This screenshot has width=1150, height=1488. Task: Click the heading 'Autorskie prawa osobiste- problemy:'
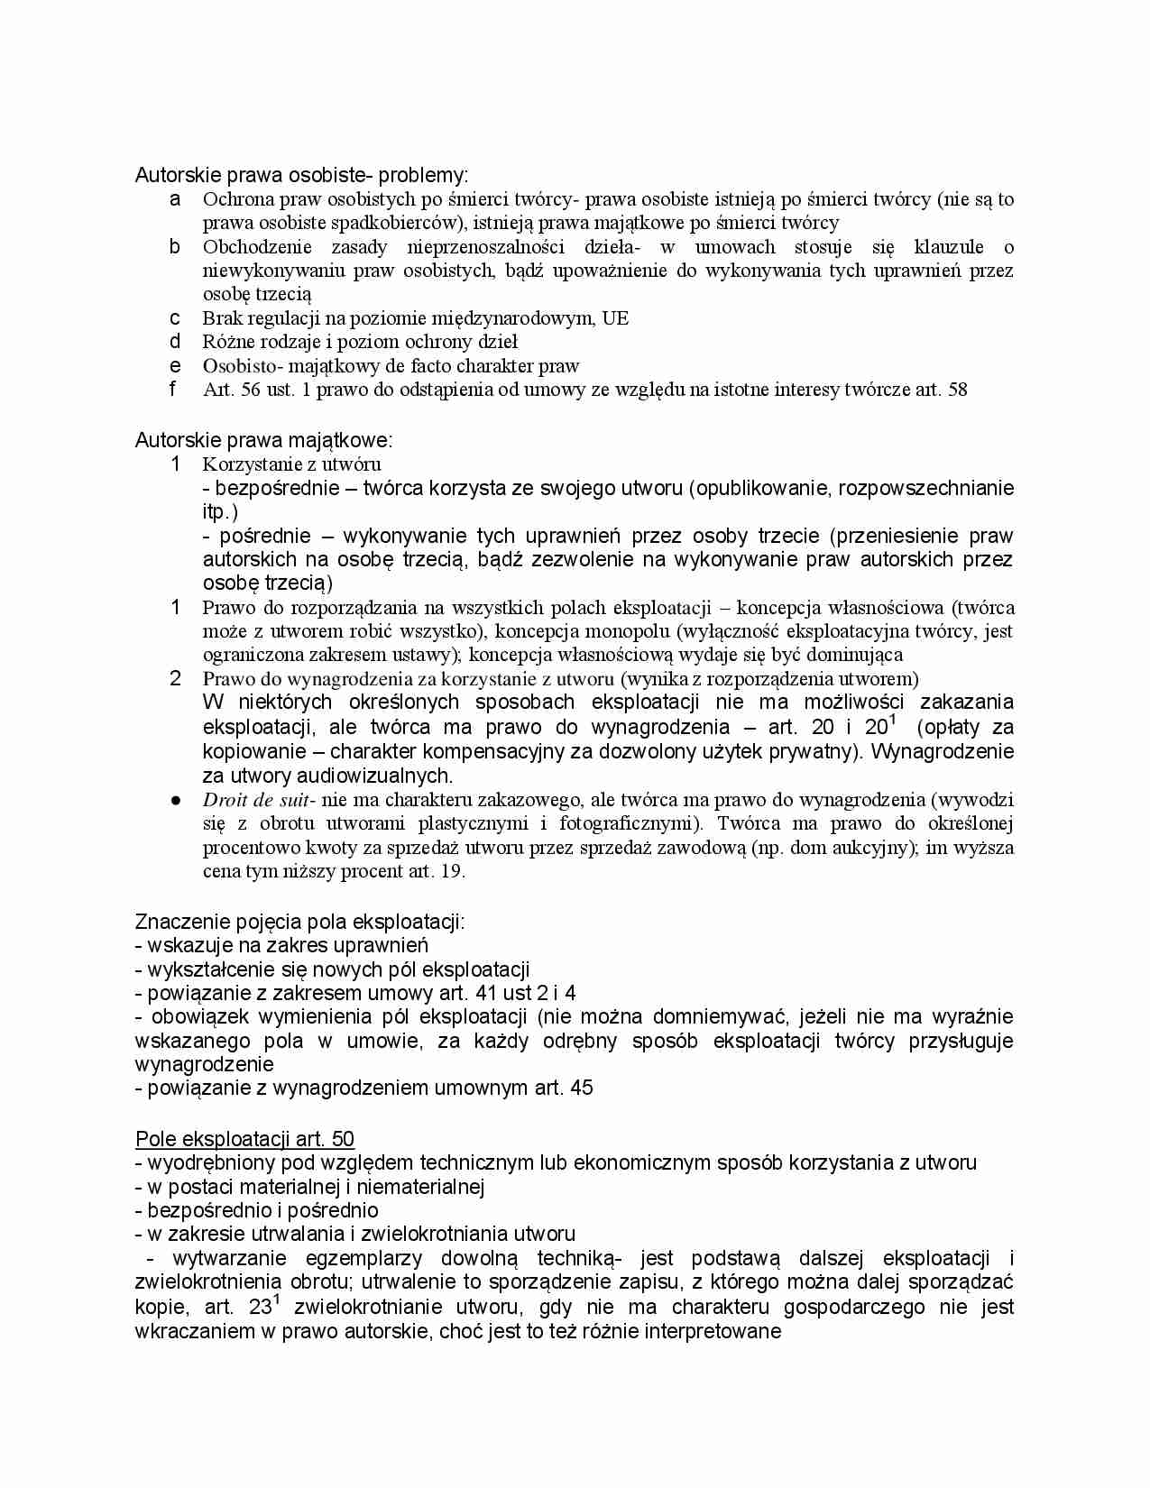[x=301, y=175]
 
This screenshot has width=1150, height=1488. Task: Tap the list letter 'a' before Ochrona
[x=176, y=199]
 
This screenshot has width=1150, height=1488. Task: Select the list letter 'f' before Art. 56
[x=174, y=390]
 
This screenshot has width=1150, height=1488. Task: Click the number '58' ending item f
[x=957, y=390]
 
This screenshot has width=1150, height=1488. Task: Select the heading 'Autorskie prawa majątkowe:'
[x=263, y=440]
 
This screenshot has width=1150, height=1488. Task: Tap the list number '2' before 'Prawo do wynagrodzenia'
[x=176, y=679]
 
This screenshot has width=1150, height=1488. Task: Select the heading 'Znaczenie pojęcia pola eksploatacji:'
[x=299, y=922]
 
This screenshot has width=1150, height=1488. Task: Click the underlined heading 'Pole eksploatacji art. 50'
[x=244, y=1139]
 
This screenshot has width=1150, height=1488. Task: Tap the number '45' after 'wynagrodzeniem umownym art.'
[x=582, y=1088]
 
